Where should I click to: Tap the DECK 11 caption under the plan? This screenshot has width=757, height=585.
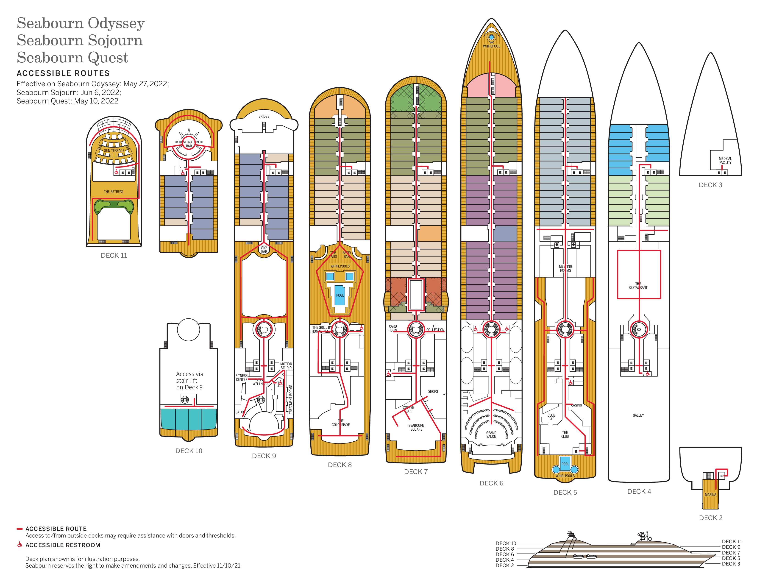(114, 255)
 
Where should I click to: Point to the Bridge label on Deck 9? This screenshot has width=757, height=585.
(264, 117)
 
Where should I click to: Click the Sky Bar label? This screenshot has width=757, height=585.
(264, 250)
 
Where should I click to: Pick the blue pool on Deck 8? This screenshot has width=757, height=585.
(340, 295)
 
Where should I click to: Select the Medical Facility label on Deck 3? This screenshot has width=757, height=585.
(725, 160)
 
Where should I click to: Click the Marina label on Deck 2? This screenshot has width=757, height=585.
(710, 495)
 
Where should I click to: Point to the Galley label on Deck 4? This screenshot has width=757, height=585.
(638, 415)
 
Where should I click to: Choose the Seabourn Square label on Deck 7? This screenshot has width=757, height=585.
(416, 427)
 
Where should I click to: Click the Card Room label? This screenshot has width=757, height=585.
(393, 328)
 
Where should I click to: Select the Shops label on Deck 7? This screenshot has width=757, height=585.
(433, 391)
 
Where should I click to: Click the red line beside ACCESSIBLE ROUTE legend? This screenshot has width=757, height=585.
(19, 529)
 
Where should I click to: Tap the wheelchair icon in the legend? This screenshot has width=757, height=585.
(20, 545)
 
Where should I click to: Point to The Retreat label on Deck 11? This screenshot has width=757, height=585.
(113, 192)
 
